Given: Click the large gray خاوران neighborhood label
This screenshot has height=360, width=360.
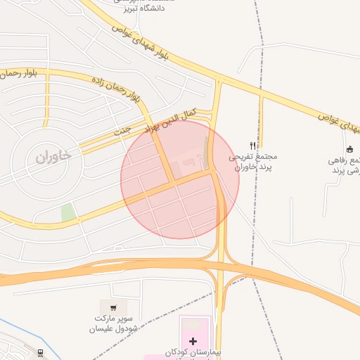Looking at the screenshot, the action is coord(54,157).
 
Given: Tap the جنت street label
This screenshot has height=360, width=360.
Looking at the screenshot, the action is coord(123,131).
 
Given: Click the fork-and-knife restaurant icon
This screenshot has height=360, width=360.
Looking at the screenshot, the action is coord(253,146).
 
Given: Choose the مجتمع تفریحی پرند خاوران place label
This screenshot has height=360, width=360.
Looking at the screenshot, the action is coord(254,163).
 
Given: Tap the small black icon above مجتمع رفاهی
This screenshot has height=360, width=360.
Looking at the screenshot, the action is coord(349,148).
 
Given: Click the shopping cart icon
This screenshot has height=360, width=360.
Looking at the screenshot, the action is coord(113,307).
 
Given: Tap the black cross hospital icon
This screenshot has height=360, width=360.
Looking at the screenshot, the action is coord(193,340).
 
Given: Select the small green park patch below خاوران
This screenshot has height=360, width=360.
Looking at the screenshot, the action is coord(68,212).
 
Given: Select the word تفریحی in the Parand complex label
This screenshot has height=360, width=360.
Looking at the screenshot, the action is coord(245,158).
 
